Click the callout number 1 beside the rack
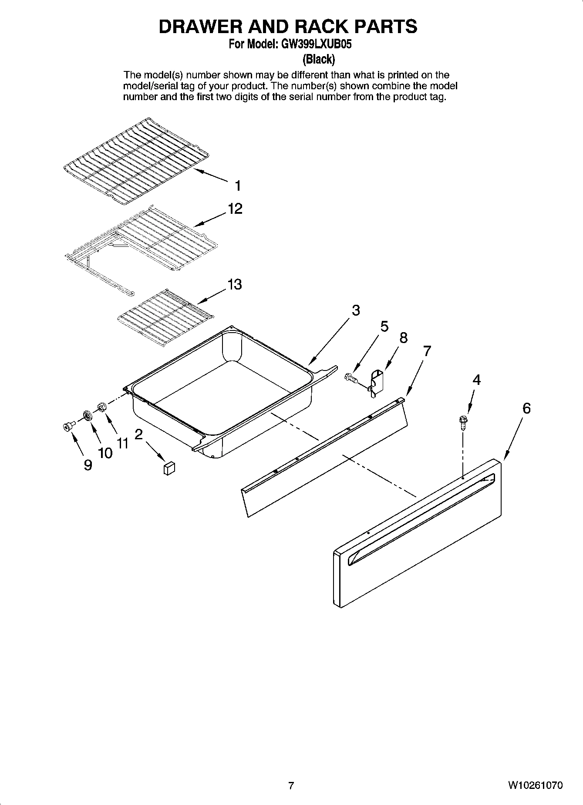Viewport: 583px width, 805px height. coord(237,186)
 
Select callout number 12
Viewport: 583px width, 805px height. coord(235,209)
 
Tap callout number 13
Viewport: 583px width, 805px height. coord(234,285)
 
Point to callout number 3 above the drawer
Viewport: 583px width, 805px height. coord(356,310)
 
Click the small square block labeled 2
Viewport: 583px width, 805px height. coord(168,468)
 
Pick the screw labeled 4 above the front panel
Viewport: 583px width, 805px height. coord(463,422)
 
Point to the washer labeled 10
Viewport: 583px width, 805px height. coord(88,415)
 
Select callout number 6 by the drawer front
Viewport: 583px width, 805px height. coord(526,408)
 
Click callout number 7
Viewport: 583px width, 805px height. coord(427,351)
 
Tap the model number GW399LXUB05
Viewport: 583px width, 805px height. coord(313,44)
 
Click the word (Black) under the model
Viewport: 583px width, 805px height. coord(319,58)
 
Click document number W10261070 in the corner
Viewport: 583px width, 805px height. coord(535,785)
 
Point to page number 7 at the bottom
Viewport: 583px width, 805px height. coord(291,785)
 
